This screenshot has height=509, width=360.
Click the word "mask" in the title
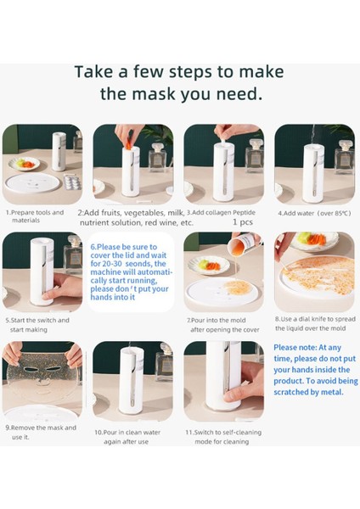pos(154,94)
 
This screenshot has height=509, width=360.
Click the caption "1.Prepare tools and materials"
pos(35,216)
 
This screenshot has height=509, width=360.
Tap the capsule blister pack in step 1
pos(72,182)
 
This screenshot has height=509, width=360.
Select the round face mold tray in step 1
pos(32,182)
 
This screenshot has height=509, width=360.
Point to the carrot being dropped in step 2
pos(129,143)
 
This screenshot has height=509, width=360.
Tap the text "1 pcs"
pos(242,222)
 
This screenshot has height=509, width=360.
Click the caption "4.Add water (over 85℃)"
pos(314,213)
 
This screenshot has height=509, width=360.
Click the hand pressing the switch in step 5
pos(63,287)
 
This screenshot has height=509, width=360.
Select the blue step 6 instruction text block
pos(131,271)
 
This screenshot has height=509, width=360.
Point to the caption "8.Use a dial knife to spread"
pos(315,319)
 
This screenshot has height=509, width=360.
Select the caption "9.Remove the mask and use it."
pos(40,432)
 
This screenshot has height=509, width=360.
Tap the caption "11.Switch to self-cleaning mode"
pos(223,437)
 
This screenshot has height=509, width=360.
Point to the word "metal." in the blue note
pos(332,392)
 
